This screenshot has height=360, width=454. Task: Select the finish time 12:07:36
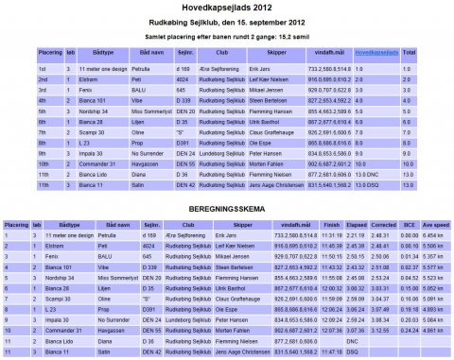(316, 330)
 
